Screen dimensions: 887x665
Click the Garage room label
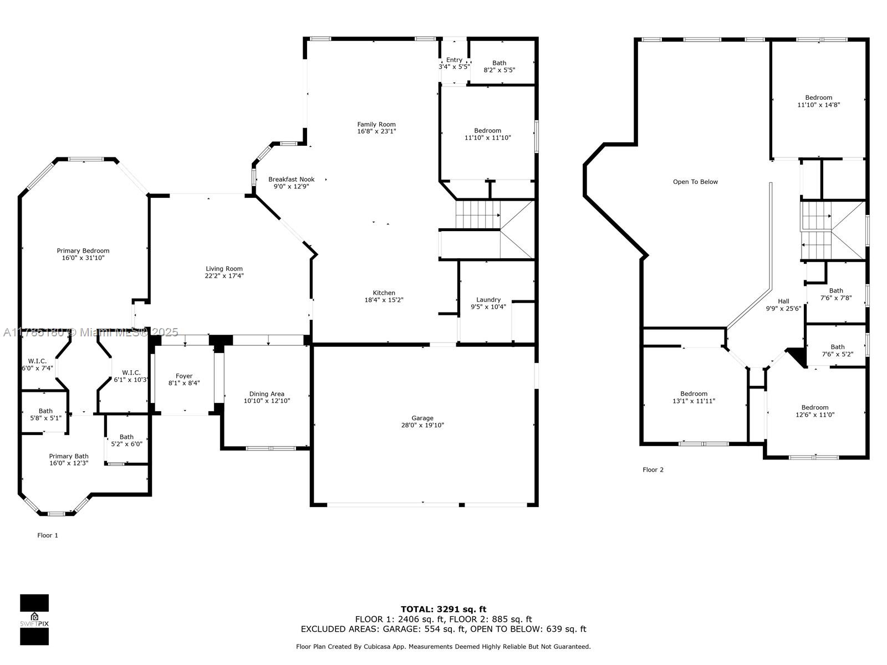click(422, 418)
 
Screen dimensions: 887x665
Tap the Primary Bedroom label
click(83, 250)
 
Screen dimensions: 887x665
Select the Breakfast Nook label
click(292, 179)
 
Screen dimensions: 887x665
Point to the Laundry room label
click(488, 300)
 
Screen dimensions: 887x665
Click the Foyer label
click(184, 376)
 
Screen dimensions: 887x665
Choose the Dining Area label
click(267, 393)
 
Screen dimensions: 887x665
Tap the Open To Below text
click(695, 182)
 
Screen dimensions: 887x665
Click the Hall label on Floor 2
click(783, 301)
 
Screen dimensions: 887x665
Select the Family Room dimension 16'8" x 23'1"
click(376, 131)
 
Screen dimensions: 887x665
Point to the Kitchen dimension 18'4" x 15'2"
click(384, 300)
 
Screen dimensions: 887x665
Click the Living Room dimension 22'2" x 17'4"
click(224, 276)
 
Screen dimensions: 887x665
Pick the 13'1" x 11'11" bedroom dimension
click(694, 401)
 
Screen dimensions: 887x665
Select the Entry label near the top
click(454, 60)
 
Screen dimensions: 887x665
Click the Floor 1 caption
click(48, 535)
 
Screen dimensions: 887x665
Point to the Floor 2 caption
click(653, 469)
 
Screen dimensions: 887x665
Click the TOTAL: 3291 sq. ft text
click(443, 609)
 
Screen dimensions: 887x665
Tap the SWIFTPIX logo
click(34, 620)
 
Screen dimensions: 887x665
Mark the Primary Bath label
click(69, 456)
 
